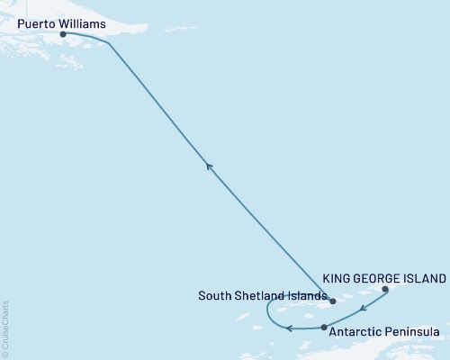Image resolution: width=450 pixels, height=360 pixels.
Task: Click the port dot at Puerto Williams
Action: [x=62, y=35]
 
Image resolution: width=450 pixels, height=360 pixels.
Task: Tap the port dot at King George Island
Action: [x=385, y=290]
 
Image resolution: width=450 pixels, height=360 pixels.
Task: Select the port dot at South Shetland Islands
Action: [x=332, y=301]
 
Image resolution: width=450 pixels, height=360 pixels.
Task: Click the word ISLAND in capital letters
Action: [x=424, y=279]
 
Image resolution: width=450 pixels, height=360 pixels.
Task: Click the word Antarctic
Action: [x=357, y=332]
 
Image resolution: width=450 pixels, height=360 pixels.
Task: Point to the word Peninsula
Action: [x=413, y=332]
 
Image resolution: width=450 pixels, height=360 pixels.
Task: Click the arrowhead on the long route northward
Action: [x=208, y=165]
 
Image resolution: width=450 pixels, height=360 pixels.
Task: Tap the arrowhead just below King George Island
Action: [x=361, y=310]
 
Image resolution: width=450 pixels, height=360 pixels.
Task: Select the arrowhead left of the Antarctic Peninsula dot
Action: [x=289, y=328]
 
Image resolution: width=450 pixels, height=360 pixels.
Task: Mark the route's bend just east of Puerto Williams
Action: [x=109, y=42]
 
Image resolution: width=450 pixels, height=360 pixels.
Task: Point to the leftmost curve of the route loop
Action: [x=266, y=311]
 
